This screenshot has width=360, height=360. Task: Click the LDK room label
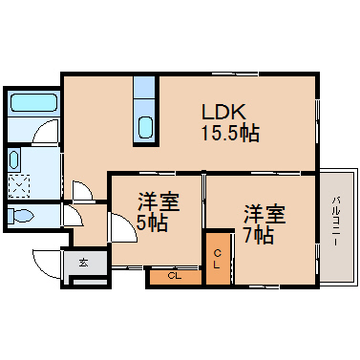223,112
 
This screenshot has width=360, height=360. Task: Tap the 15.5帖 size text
230,133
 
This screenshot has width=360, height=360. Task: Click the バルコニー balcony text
336,222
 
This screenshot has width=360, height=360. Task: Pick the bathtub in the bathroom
34,102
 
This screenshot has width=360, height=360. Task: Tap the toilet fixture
21,216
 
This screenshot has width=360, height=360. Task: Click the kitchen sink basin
145,127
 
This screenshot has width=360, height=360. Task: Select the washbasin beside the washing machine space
13,160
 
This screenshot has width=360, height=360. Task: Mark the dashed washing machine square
19,186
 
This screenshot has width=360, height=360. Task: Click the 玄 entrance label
83,263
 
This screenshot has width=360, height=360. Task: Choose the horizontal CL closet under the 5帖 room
175,277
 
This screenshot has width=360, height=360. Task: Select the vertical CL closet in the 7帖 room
218,259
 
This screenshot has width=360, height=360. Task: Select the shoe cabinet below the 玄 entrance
90,282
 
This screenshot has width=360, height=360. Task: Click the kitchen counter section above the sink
145,87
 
